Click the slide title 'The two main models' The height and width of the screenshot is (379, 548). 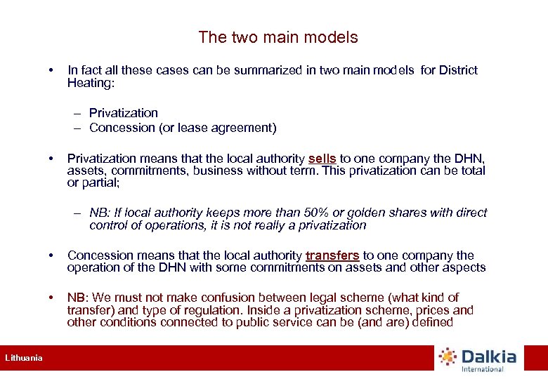point(278,38)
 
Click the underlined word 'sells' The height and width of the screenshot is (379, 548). point(322,159)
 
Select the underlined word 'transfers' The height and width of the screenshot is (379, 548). point(332,255)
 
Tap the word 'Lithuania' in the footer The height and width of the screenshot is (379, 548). point(24,358)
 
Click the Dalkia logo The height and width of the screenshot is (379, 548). point(477,359)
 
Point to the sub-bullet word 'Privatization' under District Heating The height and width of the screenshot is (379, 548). point(124,113)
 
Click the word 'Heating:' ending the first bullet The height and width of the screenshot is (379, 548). point(90,83)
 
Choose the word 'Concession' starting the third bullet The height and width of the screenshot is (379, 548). point(100,255)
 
